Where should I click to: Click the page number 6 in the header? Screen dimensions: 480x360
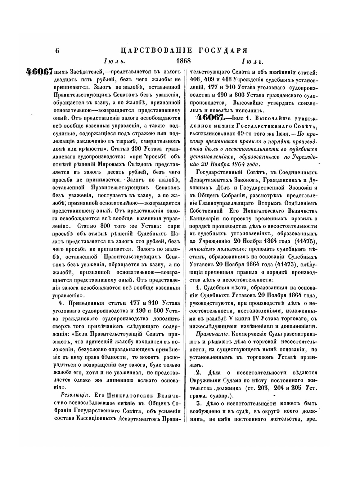coord(57,51)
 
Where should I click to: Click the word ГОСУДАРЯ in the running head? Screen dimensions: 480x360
coord(225,50)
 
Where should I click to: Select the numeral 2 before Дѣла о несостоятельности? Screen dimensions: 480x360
coord(198,372)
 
